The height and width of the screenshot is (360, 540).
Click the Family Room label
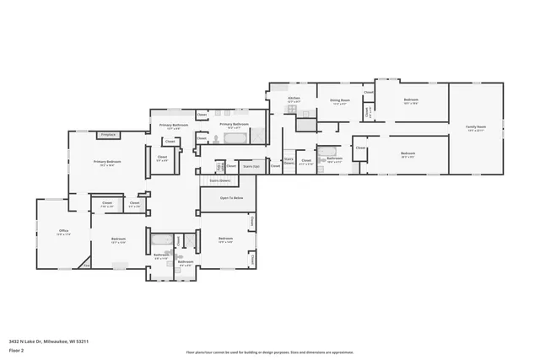(476, 126)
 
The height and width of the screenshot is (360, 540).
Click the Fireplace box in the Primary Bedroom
(108, 134)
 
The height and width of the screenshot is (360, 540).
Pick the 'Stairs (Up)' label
(251, 167)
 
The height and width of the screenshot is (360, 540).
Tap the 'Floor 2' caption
(17, 349)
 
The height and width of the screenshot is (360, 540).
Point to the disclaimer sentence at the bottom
(270, 352)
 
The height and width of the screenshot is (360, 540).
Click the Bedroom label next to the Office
(118, 239)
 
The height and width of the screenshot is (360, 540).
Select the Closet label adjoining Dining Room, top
(369, 92)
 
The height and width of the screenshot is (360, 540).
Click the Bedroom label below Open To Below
(225, 239)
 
